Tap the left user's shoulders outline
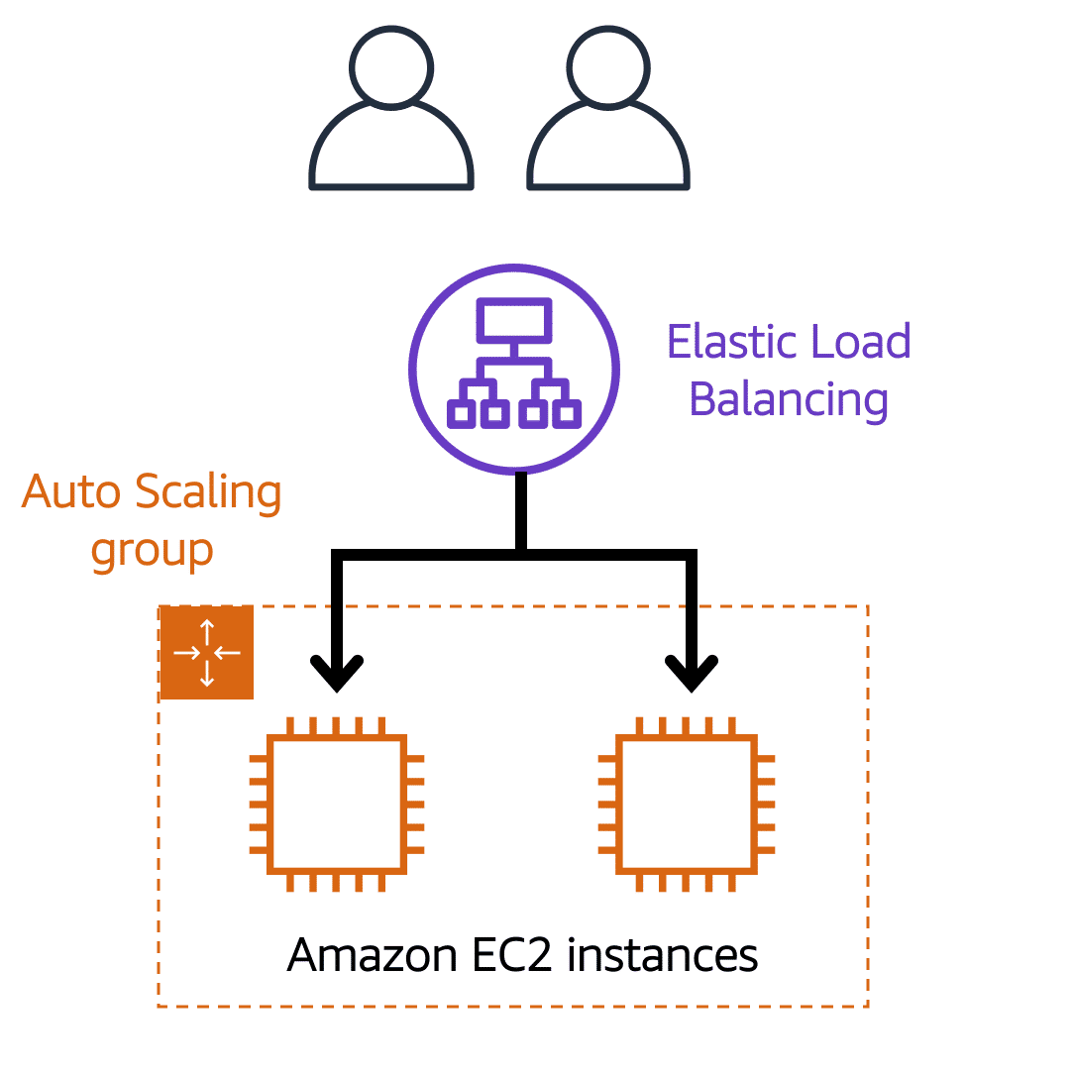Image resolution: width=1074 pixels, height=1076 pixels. click(391, 149)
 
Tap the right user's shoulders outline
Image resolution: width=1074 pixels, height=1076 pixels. click(607, 149)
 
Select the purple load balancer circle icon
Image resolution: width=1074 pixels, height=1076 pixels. click(513, 368)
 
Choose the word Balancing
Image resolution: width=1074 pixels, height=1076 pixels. click(789, 400)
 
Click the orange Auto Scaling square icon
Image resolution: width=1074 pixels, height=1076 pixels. click(207, 652)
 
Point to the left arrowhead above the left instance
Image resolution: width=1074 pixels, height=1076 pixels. click(338, 674)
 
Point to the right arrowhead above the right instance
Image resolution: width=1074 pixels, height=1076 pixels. click(691, 674)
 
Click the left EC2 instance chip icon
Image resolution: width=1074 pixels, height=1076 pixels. click(337, 805)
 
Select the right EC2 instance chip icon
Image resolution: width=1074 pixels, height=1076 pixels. click(686, 805)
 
